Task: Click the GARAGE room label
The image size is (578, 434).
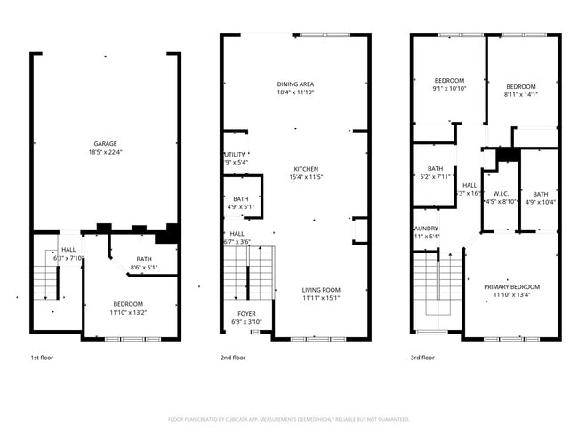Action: pos(106,143)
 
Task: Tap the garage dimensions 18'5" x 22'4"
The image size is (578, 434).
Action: pos(106,151)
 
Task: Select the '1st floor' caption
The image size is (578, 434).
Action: pos(42,358)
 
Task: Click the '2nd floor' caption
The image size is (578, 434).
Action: pos(233,358)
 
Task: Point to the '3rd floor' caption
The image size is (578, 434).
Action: pos(422,358)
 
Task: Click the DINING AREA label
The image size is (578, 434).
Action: pos(295,84)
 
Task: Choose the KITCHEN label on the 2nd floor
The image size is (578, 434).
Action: pos(307,169)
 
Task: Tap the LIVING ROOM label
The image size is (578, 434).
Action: pos(321,290)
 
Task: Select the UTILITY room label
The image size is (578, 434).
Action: pos(233,155)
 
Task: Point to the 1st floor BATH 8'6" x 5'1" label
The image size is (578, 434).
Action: pos(144,260)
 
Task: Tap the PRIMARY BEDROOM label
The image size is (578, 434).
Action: pos(511,286)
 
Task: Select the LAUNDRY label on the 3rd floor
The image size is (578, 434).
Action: pos(426,229)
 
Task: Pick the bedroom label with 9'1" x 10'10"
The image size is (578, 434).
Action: pos(437,80)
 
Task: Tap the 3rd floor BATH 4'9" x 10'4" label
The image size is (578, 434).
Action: pos(541,194)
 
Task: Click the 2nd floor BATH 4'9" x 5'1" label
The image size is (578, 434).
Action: pos(241,199)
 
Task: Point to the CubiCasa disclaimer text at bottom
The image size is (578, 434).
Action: pos(288,419)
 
